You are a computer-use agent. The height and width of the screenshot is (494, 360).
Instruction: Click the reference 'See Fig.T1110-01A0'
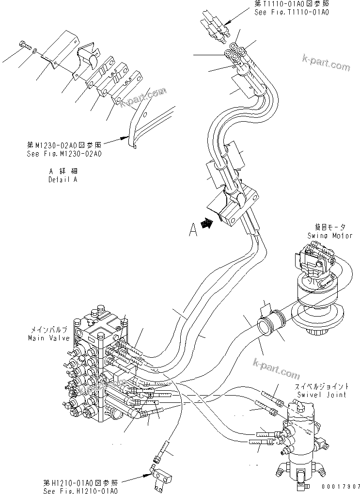(x=291, y=12)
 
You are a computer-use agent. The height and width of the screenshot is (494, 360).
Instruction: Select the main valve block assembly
(x=97, y=368)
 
